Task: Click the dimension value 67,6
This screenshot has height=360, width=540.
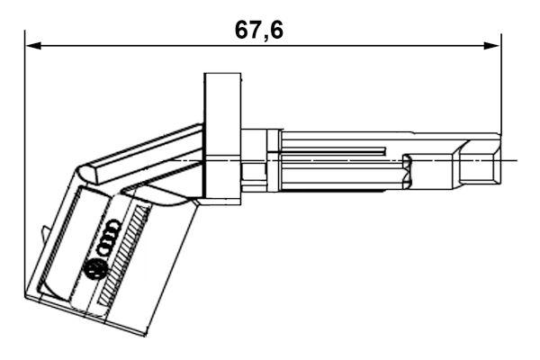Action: pyautogui.click(x=258, y=30)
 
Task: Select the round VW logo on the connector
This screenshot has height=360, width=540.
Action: pyautogui.click(x=94, y=268)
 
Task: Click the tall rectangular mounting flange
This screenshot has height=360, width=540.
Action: pyautogui.click(x=221, y=135)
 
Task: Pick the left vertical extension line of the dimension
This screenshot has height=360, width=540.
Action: pyautogui.click(x=25, y=162)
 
